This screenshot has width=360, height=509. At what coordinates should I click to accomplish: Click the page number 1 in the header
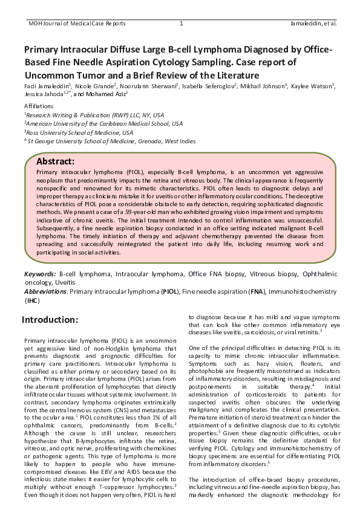pyautogui.click(x=181, y=24)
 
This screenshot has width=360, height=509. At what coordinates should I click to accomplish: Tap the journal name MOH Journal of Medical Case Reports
pyautogui.click(x=77, y=24)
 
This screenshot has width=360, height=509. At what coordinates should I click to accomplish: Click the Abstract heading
pyautogui.click(x=56, y=161)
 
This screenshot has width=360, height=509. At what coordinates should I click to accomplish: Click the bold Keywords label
pyautogui.click(x=39, y=274)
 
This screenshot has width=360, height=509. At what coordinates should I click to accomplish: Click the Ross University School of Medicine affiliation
pyautogui.click(x=80, y=132)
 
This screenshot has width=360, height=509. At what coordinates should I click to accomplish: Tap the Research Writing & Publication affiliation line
pyautogui.click(x=96, y=114)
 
